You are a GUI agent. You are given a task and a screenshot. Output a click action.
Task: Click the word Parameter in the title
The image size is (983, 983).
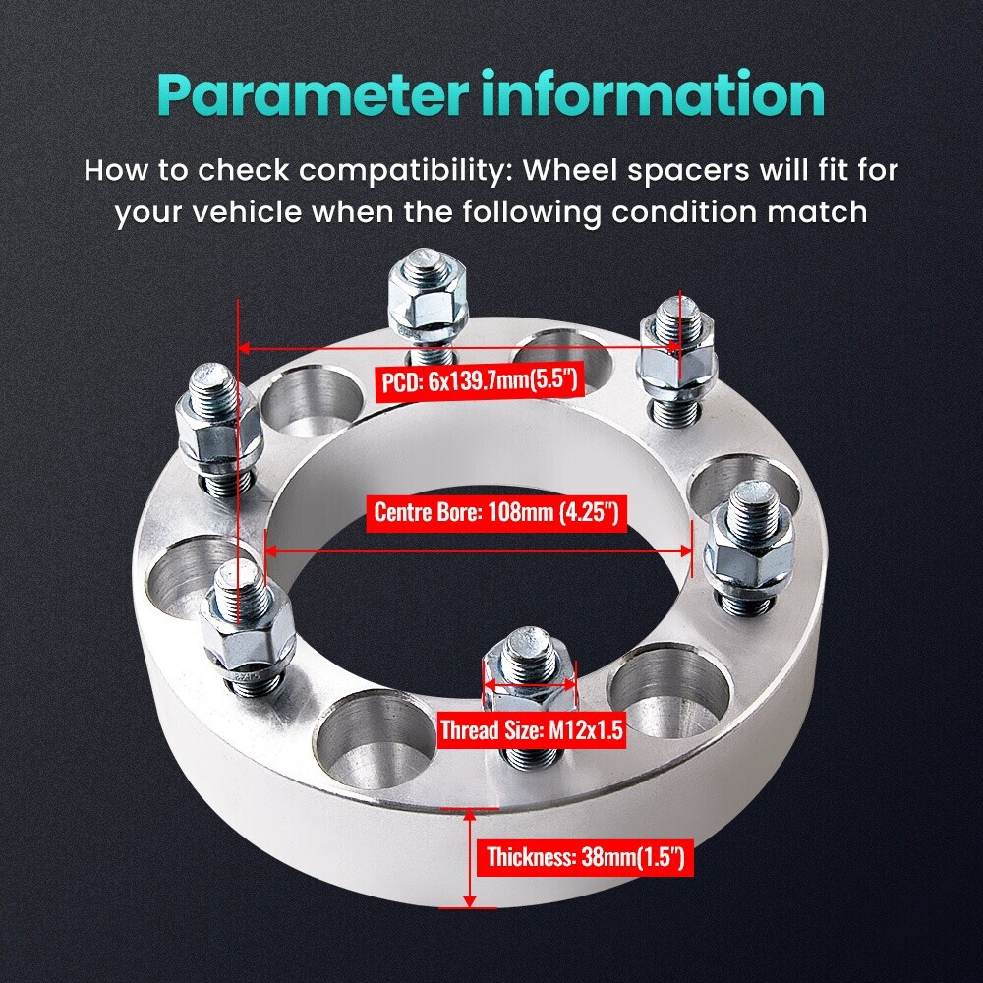coord(313,95)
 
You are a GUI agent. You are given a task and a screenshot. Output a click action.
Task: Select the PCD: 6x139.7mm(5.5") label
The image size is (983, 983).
coord(480,379)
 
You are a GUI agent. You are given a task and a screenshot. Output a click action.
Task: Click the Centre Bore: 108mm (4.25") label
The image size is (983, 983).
coord(496,513)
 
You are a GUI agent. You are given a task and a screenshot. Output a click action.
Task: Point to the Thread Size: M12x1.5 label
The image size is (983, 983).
coord(532,729)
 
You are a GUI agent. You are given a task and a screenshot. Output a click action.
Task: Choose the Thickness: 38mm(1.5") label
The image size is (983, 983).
coord(586,856)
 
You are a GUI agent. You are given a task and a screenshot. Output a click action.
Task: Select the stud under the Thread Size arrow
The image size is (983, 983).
coord(530,696)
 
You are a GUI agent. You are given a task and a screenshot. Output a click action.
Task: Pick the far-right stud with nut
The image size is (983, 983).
coord(750,547)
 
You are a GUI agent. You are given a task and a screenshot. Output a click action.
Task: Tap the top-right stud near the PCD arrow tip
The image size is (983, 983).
coord(677,361)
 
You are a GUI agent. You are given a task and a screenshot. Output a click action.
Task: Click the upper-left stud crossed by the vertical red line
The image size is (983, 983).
coord(218,430)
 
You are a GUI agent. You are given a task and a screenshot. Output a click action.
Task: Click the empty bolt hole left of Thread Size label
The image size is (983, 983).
coord(375,740)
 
